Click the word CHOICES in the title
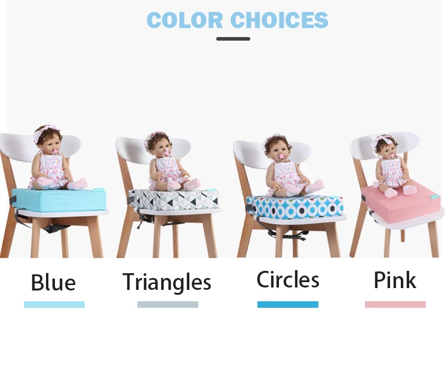pos(280,20)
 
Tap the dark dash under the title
pos(233,39)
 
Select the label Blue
pos(53,282)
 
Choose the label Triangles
pos(167,282)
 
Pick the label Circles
pos(288,280)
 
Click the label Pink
pos(395,280)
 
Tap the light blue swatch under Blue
pos(54,304)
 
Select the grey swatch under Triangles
pos(167,304)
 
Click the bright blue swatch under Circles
pos(287,304)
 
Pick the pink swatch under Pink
pos(395,304)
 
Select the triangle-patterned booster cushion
pos(173,200)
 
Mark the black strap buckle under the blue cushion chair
pos(50,228)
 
